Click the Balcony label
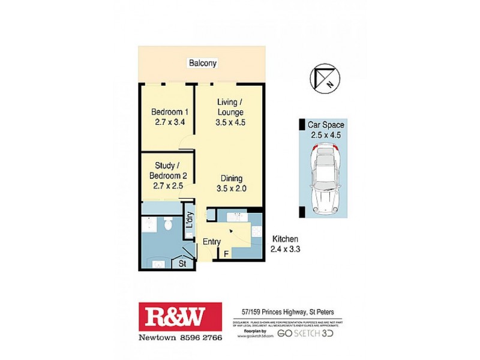202,63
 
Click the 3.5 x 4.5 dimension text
231,122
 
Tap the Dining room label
231,178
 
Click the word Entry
212,242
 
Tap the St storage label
182,263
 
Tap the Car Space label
326,125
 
